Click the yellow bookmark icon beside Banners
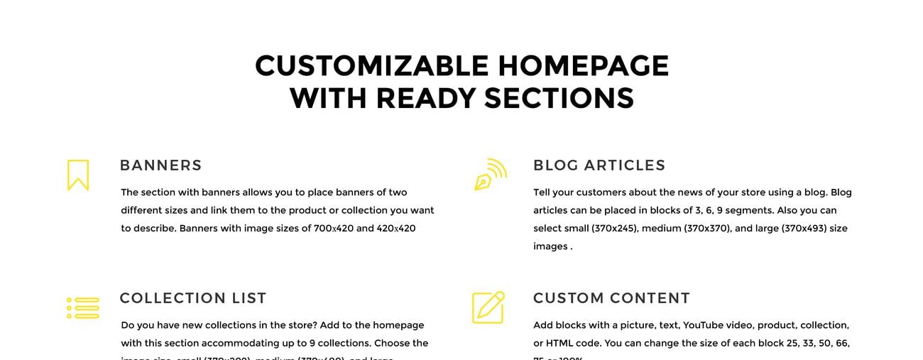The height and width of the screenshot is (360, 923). [x=78, y=175]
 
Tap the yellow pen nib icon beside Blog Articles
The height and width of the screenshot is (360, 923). [x=490, y=175]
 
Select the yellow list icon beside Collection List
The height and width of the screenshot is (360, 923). [x=82, y=307]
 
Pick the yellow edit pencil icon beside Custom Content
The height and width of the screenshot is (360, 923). [x=488, y=307]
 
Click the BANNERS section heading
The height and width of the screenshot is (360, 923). [x=161, y=165]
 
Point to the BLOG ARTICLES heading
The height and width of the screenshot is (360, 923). [x=599, y=165]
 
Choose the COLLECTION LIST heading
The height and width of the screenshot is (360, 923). [x=193, y=298]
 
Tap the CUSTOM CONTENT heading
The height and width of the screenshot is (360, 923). [x=611, y=298]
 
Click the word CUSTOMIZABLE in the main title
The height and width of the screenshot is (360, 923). [x=371, y=66]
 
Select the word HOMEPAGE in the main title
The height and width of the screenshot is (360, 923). [x=583, y=66]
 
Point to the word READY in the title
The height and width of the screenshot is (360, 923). [x=426, y=98]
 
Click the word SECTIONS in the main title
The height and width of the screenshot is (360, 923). [x=559, y=98]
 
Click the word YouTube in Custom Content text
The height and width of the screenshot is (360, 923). [x=706, y=325]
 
